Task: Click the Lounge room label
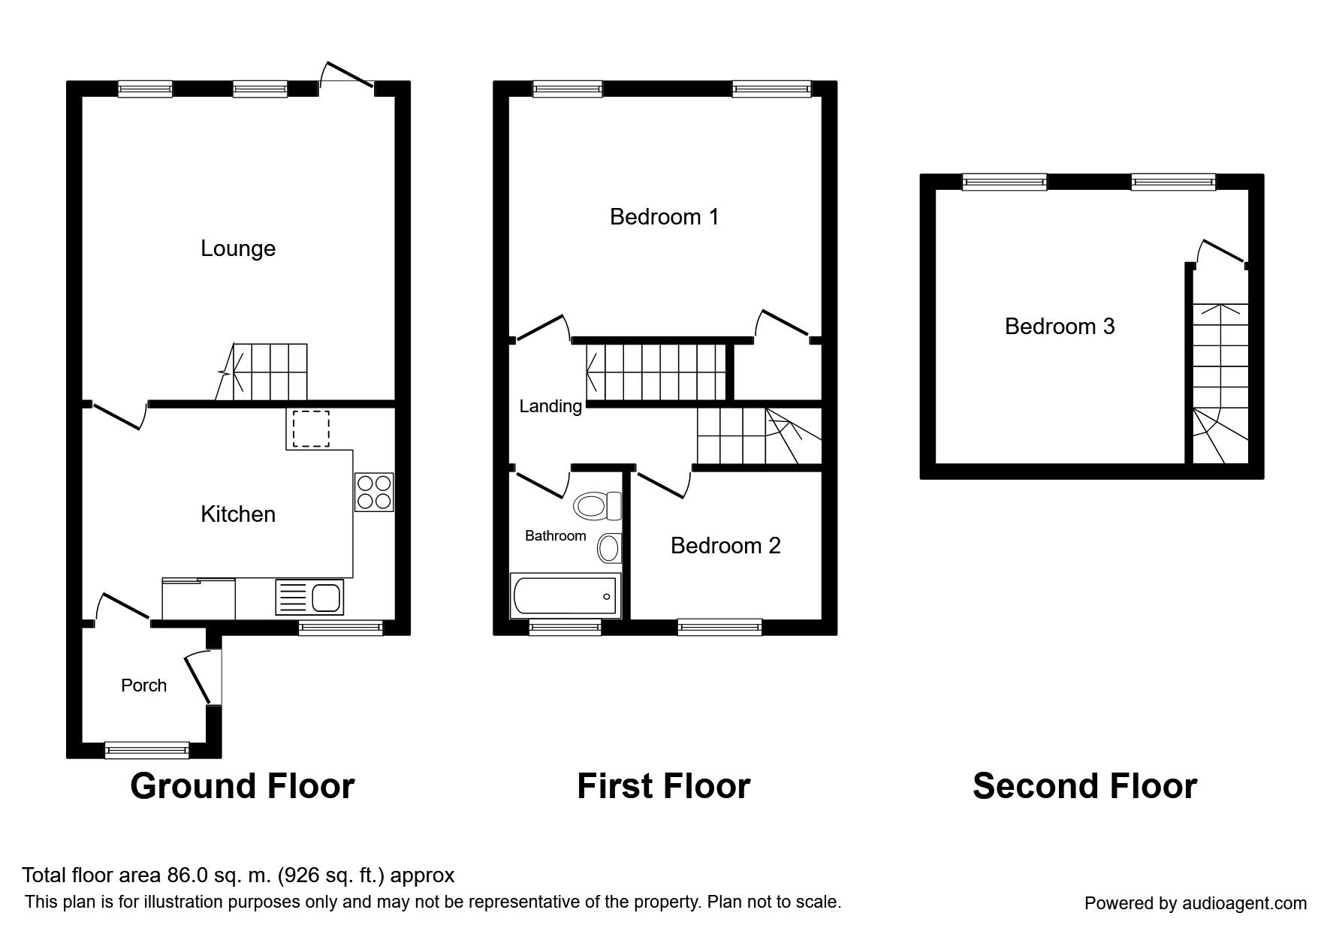pyautogui.click(x=238, y=249)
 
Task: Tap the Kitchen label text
pyautogui.click(x=238, y=514)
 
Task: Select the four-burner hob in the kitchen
pyautogui.click(x=374, y=492)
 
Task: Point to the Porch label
pyautogui.click(x=143, y=685)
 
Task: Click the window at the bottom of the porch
pyautogui.click(x=147, y=749)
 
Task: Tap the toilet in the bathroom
pyautogui.click(x=597, y=505)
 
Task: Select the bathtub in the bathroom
pyautogui.click(x=565, y=596)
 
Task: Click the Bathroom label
pyautogui.click(x=555, y=536)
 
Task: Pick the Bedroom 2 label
pyautogui.click(x=725, y=546)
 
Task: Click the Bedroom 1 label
pyautogui.click(x=664, y=217)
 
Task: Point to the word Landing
pyautogui.click(x=550, y=407)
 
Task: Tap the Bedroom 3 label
pyautogui.click(x=1060, y=327)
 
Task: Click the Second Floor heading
pyautogui.click(x=1084, y=786)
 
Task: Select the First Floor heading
pyautogui.click(x=663, y=786)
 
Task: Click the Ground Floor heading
pyautogui.click(x=242, y=786)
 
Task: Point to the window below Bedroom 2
pyautogui.click(x=719, y=627)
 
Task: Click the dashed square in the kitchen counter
pyautogui.click(x=311, y=429)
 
